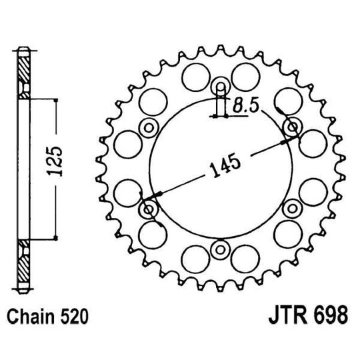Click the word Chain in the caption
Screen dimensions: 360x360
click(x=31, y=313)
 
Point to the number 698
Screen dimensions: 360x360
click(x=329, y=313)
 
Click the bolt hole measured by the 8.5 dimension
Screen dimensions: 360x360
click(x=219, y=87)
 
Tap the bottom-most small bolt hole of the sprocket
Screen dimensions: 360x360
click(x=219, y=251)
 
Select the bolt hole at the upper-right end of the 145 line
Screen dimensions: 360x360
click(x=291, y=127)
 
